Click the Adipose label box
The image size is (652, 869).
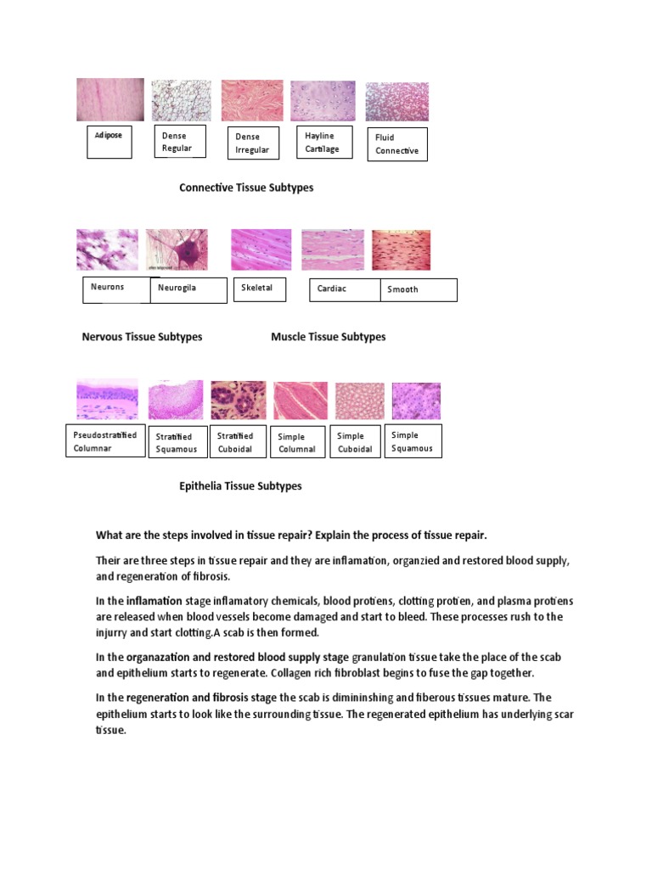pos(110,143)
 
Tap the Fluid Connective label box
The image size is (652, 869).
pos(397,144)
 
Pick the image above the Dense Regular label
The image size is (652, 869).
pos(181,101)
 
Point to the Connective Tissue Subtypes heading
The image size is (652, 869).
pos(246,188)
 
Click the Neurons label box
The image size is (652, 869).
pos(115,288)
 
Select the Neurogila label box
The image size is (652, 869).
pos(188,289)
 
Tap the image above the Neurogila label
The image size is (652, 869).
pos(177,249)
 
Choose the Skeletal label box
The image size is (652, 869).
pos(260,289)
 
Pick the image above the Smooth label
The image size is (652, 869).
pos(402,250)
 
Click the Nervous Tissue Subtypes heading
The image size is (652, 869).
pos(142,337)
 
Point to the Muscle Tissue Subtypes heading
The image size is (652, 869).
pos(328,337)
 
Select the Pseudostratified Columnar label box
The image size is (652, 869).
pos(105,441)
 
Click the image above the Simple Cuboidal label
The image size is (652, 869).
pos(359,401)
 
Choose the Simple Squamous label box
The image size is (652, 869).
pos(413,441)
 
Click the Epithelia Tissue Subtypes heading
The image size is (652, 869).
pos(240,486)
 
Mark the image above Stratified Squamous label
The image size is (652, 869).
pos(176,401)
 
